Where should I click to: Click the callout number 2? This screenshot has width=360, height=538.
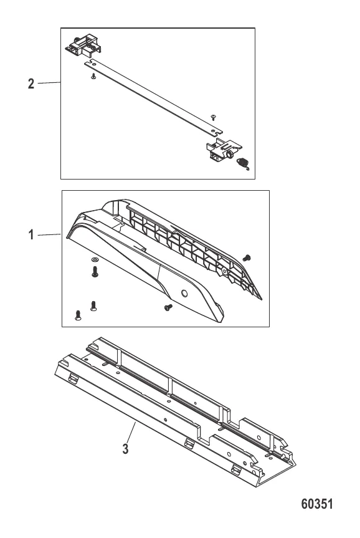pyautogui.click(x=31, y=84)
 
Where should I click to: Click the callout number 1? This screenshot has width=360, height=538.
pyautogui.click(x=31, y=235)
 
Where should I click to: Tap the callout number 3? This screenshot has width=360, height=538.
pyautogui.click(x=125, y=448)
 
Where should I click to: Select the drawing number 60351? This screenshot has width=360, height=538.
pyautogui.click(x=317, y=504)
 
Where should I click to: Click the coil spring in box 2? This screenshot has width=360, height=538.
pyautogui.click(x=244, y=163)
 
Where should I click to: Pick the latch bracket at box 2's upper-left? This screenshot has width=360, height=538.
pyautogui.click(x=84, y=46)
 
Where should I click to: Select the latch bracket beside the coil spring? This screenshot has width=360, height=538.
pyautogui.click(x=224, y=150)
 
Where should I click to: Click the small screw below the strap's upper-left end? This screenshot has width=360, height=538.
pyautogui.click(x=93, y=77)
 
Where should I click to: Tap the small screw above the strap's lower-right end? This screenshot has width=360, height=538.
pyautogui.click(x=212, y=117)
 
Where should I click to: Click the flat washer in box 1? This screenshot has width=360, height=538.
pyautogui.click(x=95, y=258)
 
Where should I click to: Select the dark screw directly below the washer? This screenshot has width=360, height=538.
pyautogui.click(x=95, y=272)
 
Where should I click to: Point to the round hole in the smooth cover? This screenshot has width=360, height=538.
pyautogui.click(x=184, y=294)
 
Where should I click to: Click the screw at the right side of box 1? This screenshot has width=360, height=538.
pyautogui.click(x=247, y=257)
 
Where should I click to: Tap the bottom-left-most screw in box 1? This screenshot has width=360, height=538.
pyautogui.click(x=78, y=315)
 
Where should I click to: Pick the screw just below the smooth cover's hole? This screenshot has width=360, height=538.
pyautogui.click(x=168, y=307)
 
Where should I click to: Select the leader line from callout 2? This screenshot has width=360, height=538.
pyautogui.click(x=49, y=83)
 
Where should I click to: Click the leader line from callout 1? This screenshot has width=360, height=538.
pyautogui.click(x=49, y=234)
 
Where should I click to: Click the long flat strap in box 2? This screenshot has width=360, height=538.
pyautogui.click(x=153, y=97)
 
